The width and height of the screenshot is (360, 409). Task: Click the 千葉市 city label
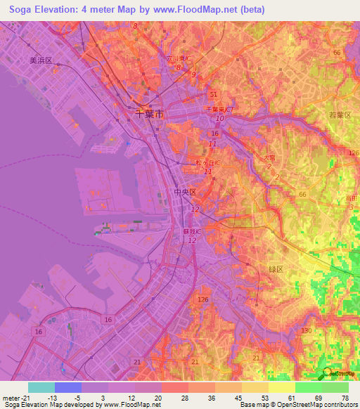[150, 113]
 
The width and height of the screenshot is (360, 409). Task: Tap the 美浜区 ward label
[41, 61]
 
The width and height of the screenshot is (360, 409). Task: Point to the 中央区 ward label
[184, 191]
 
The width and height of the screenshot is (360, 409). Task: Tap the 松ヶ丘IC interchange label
[208, 162]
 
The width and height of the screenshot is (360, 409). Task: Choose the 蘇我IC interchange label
[193, 231]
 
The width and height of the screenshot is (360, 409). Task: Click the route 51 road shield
[214, 94]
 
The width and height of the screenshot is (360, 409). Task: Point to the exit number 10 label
[219, 119]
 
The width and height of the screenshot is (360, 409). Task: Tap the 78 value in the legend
[345, 397]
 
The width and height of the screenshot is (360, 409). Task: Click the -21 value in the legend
[21, 397]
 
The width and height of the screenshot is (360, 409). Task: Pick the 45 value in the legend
[238, 397]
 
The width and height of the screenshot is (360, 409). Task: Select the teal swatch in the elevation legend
[41, 387]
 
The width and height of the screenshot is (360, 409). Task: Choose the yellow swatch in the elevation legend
[282, 387]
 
